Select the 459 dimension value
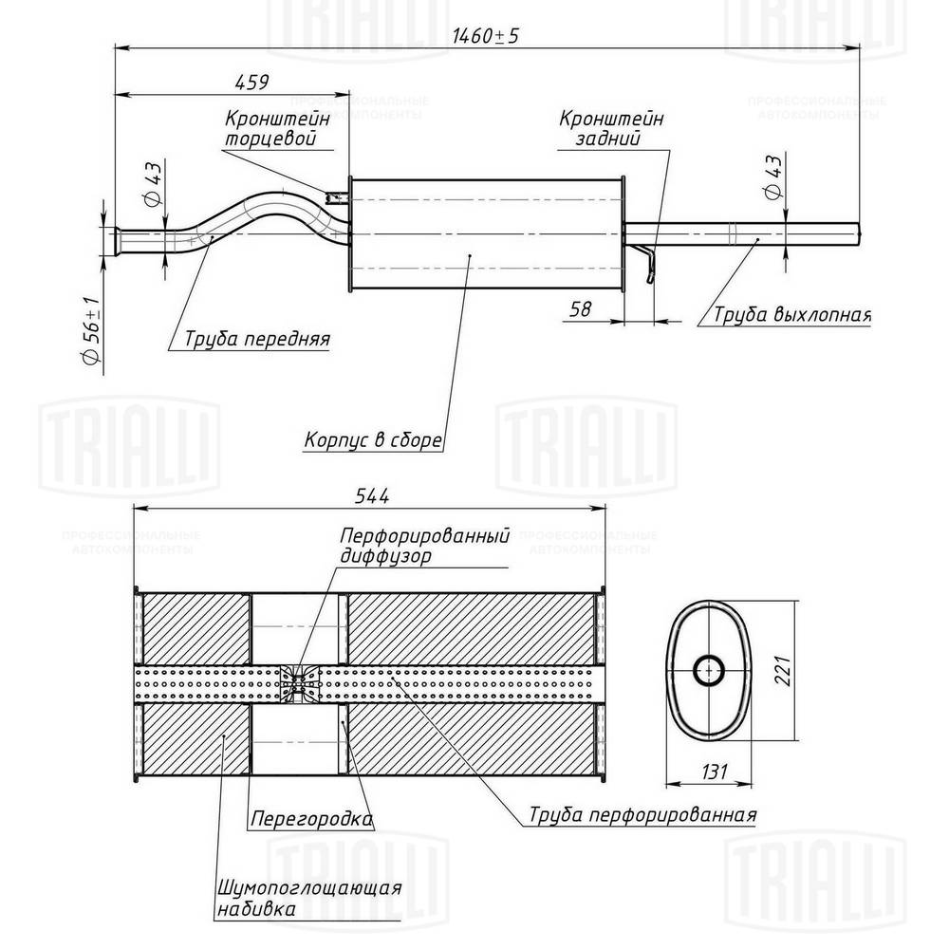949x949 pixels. (x=252, y=83)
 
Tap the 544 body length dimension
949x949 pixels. (x=374, y=495)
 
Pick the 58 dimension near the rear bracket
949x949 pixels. (x=581, y=308)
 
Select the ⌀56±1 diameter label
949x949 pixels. (x=90, y=332)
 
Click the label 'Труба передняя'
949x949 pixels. (x=256, y=339)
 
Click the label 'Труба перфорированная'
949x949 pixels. (x=642, y=814)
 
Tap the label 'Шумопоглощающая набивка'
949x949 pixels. (x=310, y=898)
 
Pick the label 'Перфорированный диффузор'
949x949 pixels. (x=424, y=546)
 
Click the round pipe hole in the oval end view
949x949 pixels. (x=707, y=669)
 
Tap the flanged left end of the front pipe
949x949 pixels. (x=119, y=240)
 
